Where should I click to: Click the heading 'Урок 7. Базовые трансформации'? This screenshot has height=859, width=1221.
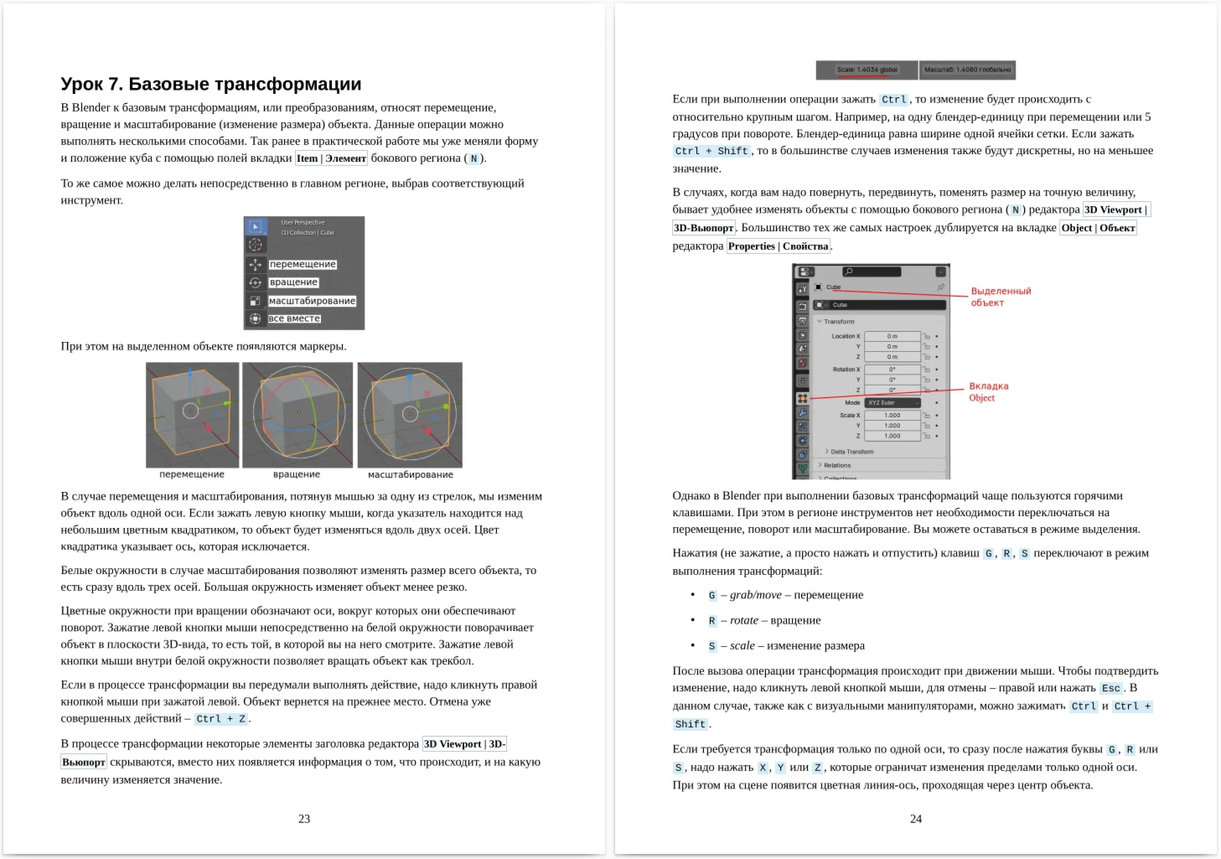(211, 84)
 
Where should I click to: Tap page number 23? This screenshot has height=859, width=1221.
(304, 819)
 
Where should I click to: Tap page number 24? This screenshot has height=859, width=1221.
(916, 819)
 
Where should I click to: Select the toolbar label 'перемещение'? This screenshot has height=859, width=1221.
(303, 264)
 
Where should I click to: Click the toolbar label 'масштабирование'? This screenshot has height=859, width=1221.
(312, 301)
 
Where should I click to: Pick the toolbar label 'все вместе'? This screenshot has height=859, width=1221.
(294, 318)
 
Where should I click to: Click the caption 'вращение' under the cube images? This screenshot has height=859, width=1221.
(297, 474)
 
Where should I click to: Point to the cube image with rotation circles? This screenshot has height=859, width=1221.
(297, 414)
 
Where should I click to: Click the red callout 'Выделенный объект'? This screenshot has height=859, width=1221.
(1000, 297)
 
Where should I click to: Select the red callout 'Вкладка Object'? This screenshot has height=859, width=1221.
(988, 392)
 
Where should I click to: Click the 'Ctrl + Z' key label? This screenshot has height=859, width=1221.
(221, 719)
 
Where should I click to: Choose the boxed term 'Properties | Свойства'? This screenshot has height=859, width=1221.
(779, 246)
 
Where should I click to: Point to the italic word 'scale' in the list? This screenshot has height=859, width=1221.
(742, 645)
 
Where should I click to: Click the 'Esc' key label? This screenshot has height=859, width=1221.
(1111, 688)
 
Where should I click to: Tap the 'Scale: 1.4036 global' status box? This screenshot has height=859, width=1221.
(867, 70)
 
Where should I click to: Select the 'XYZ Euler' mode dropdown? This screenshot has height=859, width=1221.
(892, 403)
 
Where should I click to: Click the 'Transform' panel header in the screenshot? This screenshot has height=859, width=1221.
(839, 322)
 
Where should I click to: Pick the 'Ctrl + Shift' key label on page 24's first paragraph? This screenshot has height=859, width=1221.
(711, 152)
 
